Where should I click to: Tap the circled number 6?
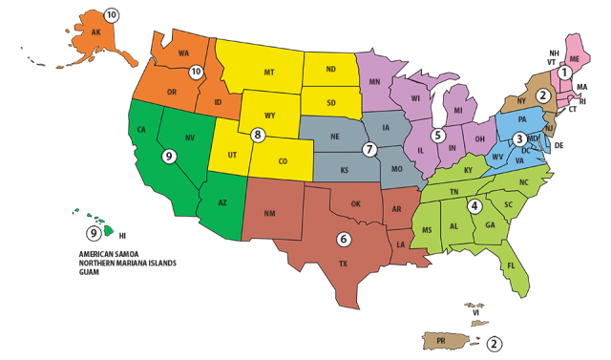tap(344, 239)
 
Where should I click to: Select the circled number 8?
tap(257, 135)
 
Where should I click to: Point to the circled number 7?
tap(369, 149)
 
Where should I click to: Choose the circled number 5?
tap(437, 135)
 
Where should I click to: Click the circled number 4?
tap(474, 205)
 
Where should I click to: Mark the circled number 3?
tap(518, 139)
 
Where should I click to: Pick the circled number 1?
tap(564, 72)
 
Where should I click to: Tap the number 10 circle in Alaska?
tap(111, 15)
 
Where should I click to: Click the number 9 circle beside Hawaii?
tap(94, 232)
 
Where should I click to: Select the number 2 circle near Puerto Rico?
tap(494, 344)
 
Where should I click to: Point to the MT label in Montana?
tap(269, 71)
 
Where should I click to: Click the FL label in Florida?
tap(511, 265)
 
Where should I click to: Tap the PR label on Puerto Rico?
tap(442, 340)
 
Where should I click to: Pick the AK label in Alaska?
tap(95, 31)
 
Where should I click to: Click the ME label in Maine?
tap(573, 57)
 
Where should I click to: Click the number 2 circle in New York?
tap(542, 95)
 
